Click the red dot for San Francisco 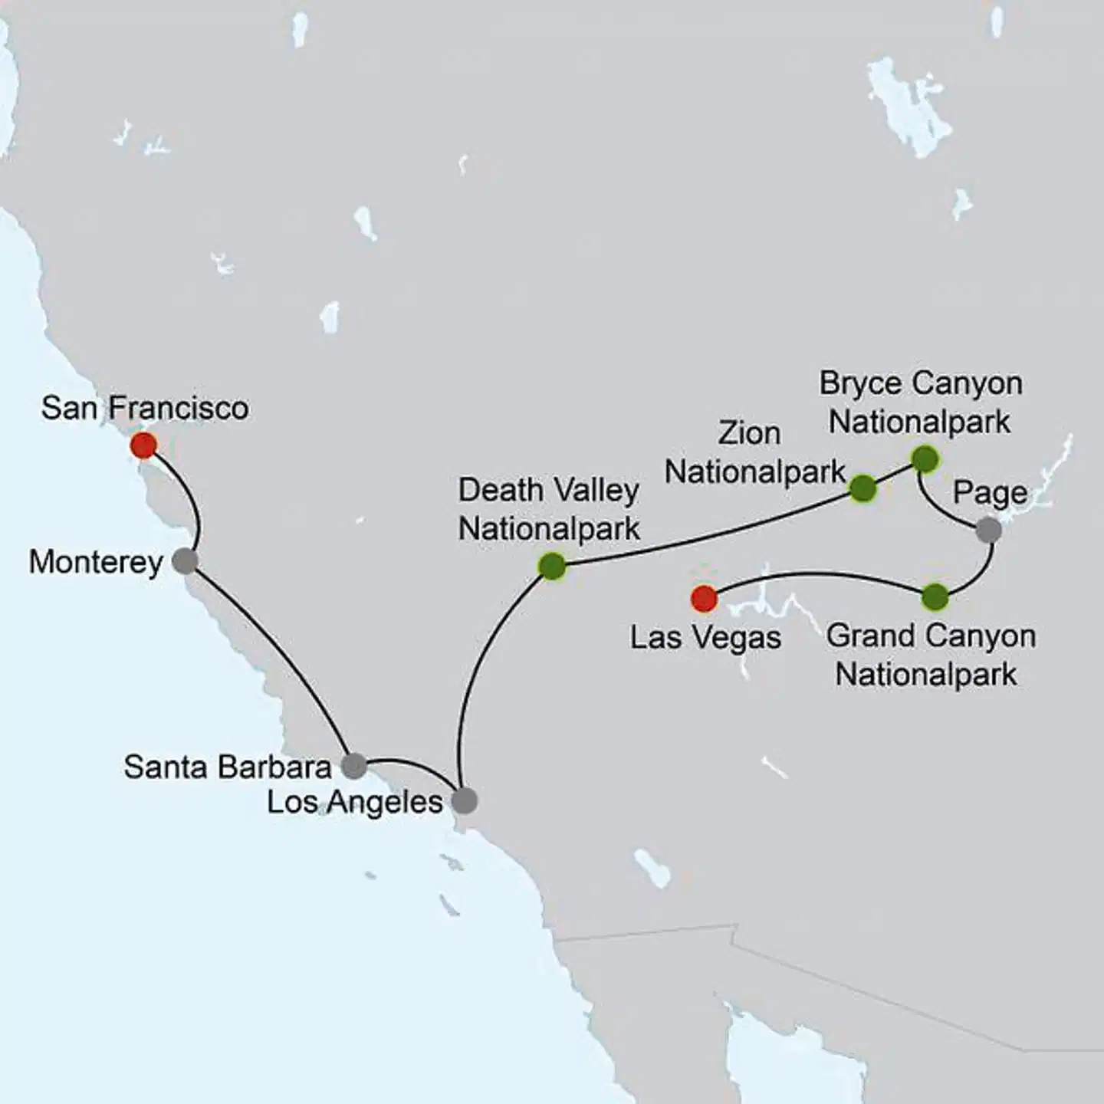143,445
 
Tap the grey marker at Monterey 185,561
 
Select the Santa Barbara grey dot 353,765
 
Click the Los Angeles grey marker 464,801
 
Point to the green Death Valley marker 552,567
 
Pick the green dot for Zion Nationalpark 863,488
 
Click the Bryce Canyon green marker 925,459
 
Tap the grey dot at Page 988,530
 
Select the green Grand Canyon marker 935,596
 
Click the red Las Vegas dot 704,598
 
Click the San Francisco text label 145,408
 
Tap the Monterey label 96,562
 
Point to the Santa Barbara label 228,767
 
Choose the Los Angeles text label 354,803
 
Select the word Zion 749,434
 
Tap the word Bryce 858,383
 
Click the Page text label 990,493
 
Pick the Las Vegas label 705,638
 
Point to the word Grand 871,636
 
